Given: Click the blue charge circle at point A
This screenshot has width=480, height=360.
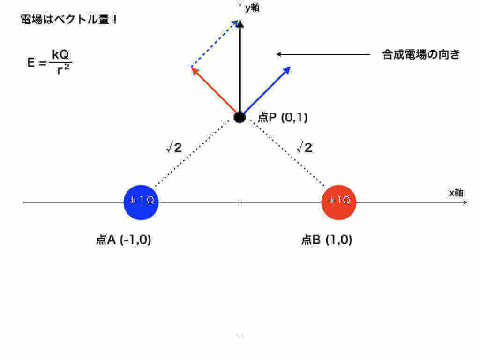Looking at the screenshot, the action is [141, 202].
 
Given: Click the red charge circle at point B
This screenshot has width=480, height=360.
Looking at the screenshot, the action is [339, 202].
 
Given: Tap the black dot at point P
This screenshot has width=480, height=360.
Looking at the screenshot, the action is [240, 117].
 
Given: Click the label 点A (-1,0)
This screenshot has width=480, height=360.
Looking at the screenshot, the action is [123, 240].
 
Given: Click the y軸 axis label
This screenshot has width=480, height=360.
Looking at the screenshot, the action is [252, 8].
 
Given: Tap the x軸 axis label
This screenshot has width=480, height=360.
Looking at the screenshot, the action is [456, 193].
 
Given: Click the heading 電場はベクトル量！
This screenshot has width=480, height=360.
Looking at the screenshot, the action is [68, 19].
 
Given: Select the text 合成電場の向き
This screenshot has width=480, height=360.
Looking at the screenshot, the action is [421, 54].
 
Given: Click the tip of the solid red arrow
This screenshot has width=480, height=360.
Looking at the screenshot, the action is [192, 67].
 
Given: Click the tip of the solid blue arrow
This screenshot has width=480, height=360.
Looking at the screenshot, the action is [290, 67].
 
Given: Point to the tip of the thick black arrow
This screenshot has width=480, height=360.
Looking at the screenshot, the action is [240, 21].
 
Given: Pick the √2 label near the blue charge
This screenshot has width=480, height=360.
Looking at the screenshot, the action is [174, 147].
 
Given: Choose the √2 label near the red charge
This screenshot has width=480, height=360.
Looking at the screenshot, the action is [304, 147].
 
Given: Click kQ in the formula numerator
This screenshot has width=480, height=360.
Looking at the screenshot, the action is [60, 54].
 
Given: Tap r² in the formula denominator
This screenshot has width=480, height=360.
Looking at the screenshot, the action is [63, 69].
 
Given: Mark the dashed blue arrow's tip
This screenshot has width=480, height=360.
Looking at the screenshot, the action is [238, 21].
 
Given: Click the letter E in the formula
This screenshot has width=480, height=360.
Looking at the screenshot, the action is [31, 62].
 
